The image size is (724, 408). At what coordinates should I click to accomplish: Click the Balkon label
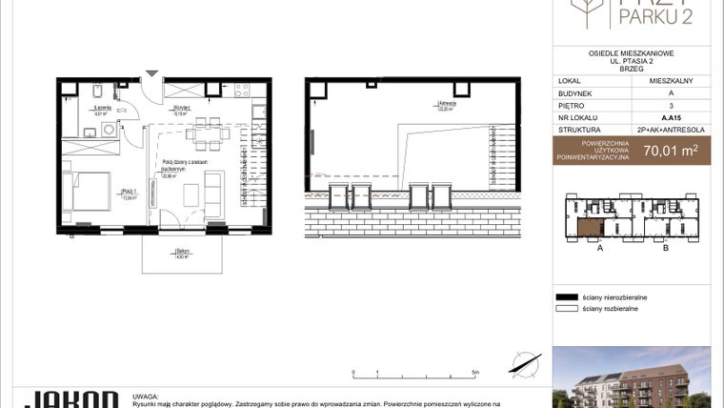181,255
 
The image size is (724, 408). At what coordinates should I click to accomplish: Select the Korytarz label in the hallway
178,110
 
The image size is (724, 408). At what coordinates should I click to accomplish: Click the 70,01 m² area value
670,149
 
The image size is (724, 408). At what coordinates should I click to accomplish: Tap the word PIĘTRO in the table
573,106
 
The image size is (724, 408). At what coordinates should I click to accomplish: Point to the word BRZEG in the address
633,68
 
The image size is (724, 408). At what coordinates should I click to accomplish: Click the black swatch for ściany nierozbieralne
568,297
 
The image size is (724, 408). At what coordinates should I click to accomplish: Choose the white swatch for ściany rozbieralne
568,309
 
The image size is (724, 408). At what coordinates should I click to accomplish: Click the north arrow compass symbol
520,360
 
